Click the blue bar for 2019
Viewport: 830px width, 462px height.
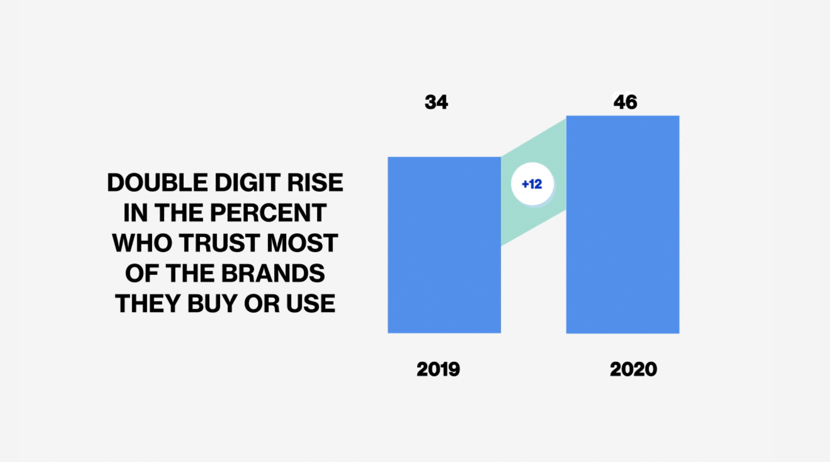pyautogui.click(x=444, y=245)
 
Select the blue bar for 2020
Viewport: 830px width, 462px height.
pyautogui.click(x=623, y=224)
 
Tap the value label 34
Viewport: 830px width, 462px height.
pyautogui.click(x=436, y=102)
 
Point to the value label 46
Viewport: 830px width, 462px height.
pyautogui.click(x=625, y=102)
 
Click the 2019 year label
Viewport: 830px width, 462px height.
pyautogui.click(x=438, y=369)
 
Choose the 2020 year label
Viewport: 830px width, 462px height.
pyautogui.click(x=633, y=369)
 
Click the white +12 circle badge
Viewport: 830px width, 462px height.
pyautogui.click(x=533, y=184)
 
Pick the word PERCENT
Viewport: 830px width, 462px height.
pyautogui.click(x=269, y=212)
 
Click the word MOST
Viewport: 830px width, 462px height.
pyautogui.click(x=302, y=243)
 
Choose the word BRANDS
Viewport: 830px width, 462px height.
pyautogui.click(x=273, y=273)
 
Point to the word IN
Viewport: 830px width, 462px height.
pyautogui.click(x=135, y=212)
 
